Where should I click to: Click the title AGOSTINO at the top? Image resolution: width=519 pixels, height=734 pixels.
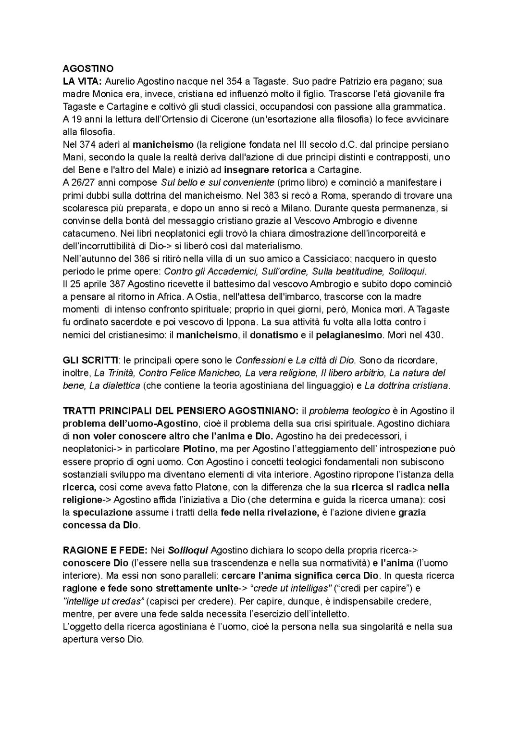(x=88, y=69)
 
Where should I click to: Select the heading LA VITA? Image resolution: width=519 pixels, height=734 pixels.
(x=82, y=81)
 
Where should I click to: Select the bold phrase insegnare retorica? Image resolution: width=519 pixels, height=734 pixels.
(x=265, y=169)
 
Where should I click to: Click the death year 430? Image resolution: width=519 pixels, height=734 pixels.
(x=433, y=335)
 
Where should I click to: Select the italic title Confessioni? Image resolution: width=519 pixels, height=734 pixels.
(x=259, y=360)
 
